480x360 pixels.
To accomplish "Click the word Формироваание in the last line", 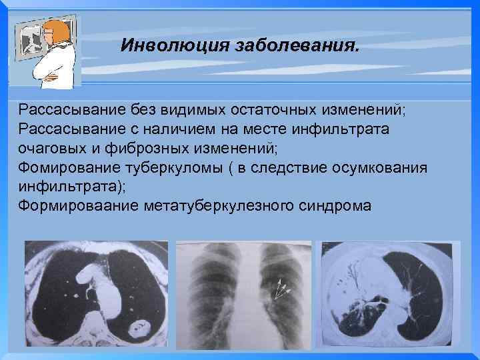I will pyautogui.click(x=79, y=204).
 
